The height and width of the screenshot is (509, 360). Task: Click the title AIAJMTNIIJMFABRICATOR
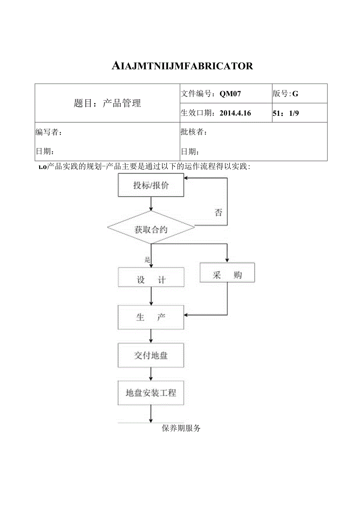(x=182, y=66)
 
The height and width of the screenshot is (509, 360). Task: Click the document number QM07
(x=230, y=94)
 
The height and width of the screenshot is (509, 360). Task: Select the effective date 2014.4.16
(x=235, y=113)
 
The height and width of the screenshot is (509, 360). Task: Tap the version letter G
(x=295, y=94)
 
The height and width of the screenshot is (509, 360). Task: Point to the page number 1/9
(x=294, y=113)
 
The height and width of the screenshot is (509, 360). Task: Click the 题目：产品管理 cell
(x=107, y=103)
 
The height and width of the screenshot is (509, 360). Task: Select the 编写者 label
(x=49, y=132)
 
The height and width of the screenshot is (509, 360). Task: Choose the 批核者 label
(x=194, y=132)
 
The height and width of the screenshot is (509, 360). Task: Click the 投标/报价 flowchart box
(x=151, y=185)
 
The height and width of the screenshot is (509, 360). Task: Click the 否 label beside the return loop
(x=218, y=212)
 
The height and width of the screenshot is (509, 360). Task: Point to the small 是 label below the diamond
(x=148, y=259)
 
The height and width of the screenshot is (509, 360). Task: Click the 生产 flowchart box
(x=151, y=317)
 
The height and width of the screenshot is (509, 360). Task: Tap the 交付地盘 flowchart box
(x=151, y=356)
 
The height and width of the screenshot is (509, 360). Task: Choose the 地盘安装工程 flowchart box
(x=151, y=393)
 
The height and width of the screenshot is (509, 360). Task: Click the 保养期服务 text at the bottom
(x=181, y=428)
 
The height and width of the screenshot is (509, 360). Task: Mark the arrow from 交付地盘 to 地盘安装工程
(x=151, y=374)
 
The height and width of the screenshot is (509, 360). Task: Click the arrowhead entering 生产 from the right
(x=187, y=315)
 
